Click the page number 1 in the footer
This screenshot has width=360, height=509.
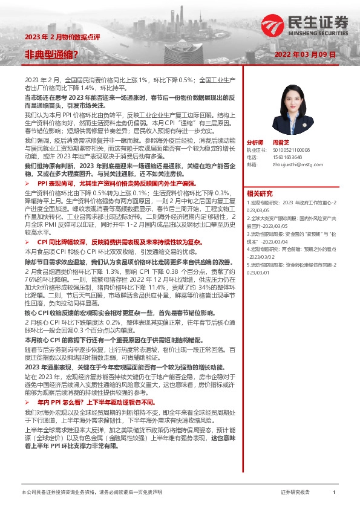(334, 493)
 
